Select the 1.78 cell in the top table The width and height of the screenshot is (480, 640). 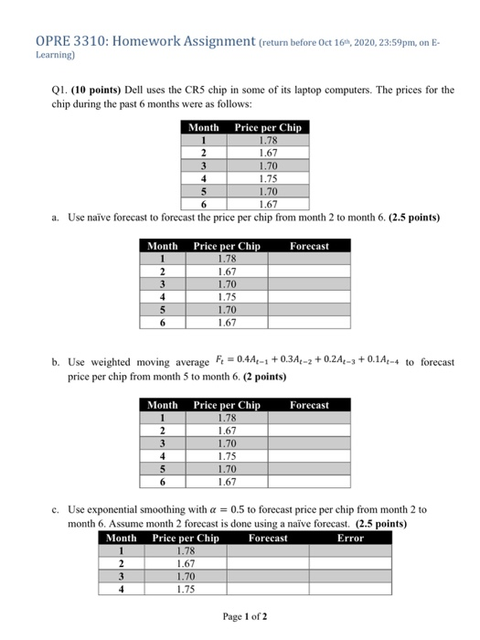(x=267, y=141)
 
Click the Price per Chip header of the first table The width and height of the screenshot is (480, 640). (x=267, y=128)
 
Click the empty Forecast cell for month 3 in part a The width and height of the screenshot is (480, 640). (x=308, y=284)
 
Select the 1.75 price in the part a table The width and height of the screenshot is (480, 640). (x=227, y=296)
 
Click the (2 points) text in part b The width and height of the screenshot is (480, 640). (x=213, y=376)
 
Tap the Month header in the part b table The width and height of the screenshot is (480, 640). (x=163, y=405)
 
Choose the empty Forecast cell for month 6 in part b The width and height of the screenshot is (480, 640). (x=308, y=481)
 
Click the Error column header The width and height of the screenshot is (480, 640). (x=350, y=539)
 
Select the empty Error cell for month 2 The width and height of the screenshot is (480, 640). (x=350, y=564)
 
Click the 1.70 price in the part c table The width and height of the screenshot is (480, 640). (x=186, y=577)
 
